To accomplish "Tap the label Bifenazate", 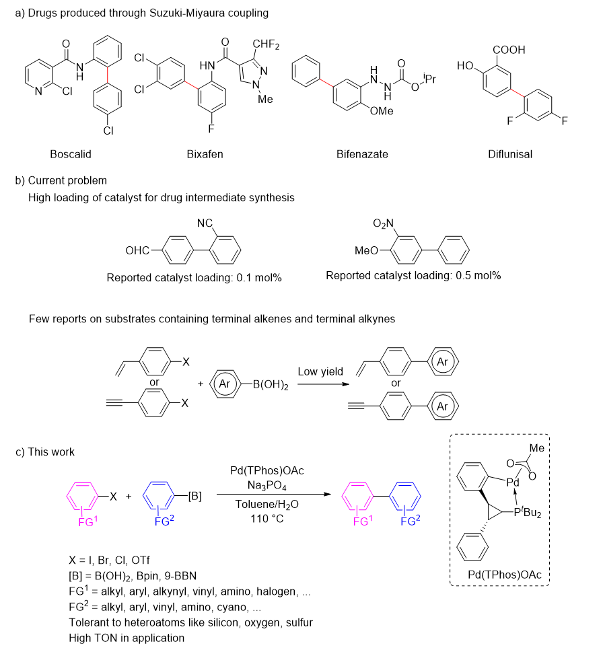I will click(x=363, y=154).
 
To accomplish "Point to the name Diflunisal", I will click(x=510, y=154).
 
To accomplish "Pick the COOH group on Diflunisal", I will click(x=509, y=50).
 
